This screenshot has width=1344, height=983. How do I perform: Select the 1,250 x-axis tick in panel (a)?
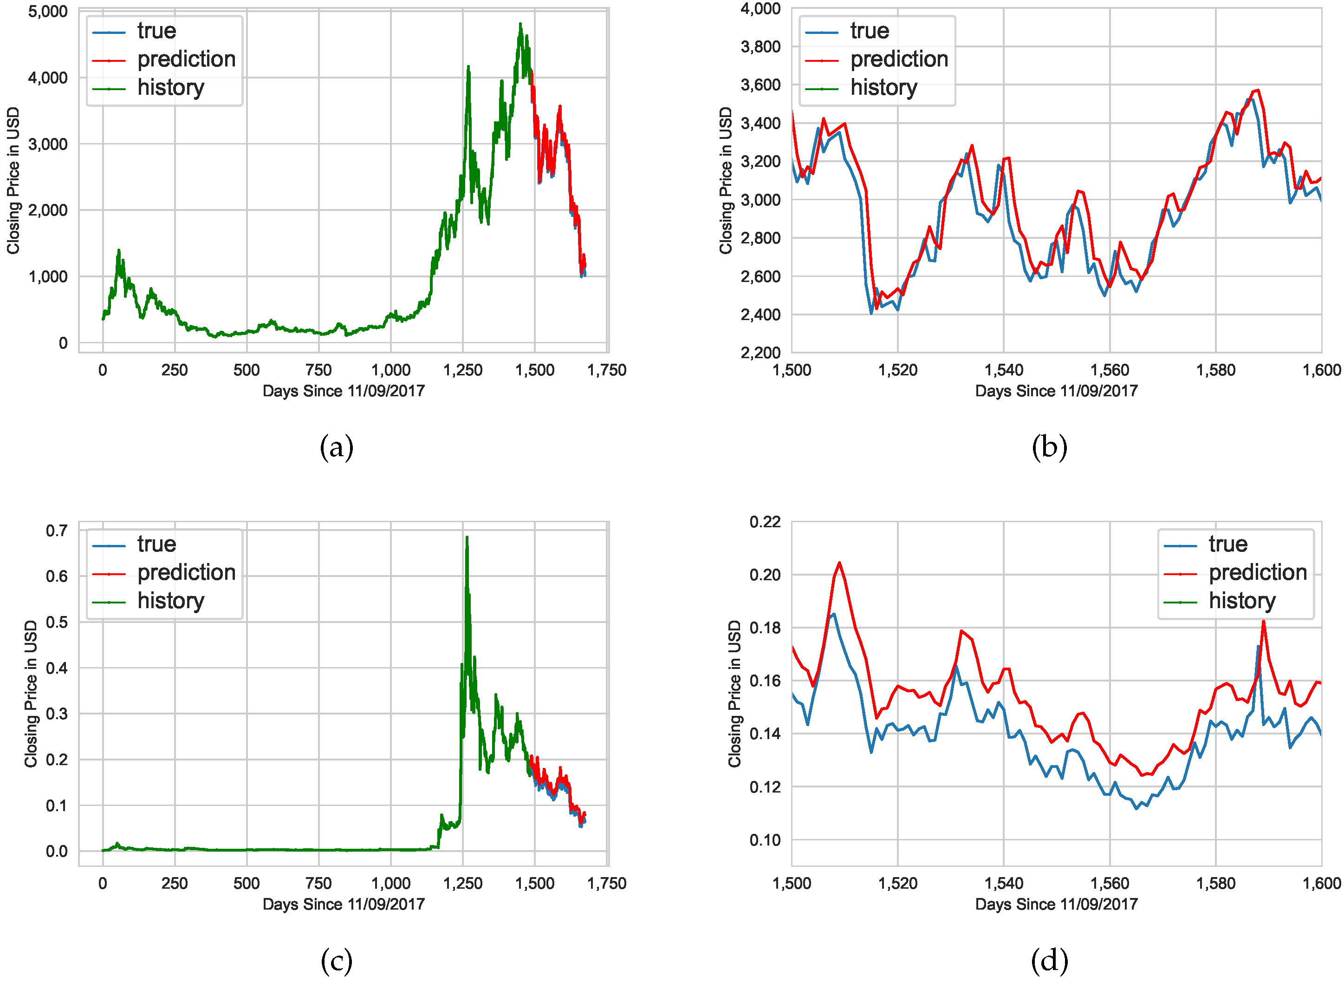[463, 370]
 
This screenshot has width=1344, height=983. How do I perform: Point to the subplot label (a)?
[337, 447]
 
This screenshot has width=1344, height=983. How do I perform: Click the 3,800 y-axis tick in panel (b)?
[760, 47]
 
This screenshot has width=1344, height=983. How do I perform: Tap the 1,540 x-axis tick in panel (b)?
[1004, 370]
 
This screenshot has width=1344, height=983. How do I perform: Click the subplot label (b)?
[1050, 447]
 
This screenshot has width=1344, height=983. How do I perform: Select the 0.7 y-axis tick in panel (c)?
[57, 530]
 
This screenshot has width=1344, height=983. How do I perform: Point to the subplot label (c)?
[337, 960]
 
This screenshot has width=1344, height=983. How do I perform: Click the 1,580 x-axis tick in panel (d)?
[1215, 883]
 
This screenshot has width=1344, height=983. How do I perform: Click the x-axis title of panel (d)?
[1056, 904]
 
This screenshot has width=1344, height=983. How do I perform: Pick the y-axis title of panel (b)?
[726, 180]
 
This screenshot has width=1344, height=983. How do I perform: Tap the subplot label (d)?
[1050, 960]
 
